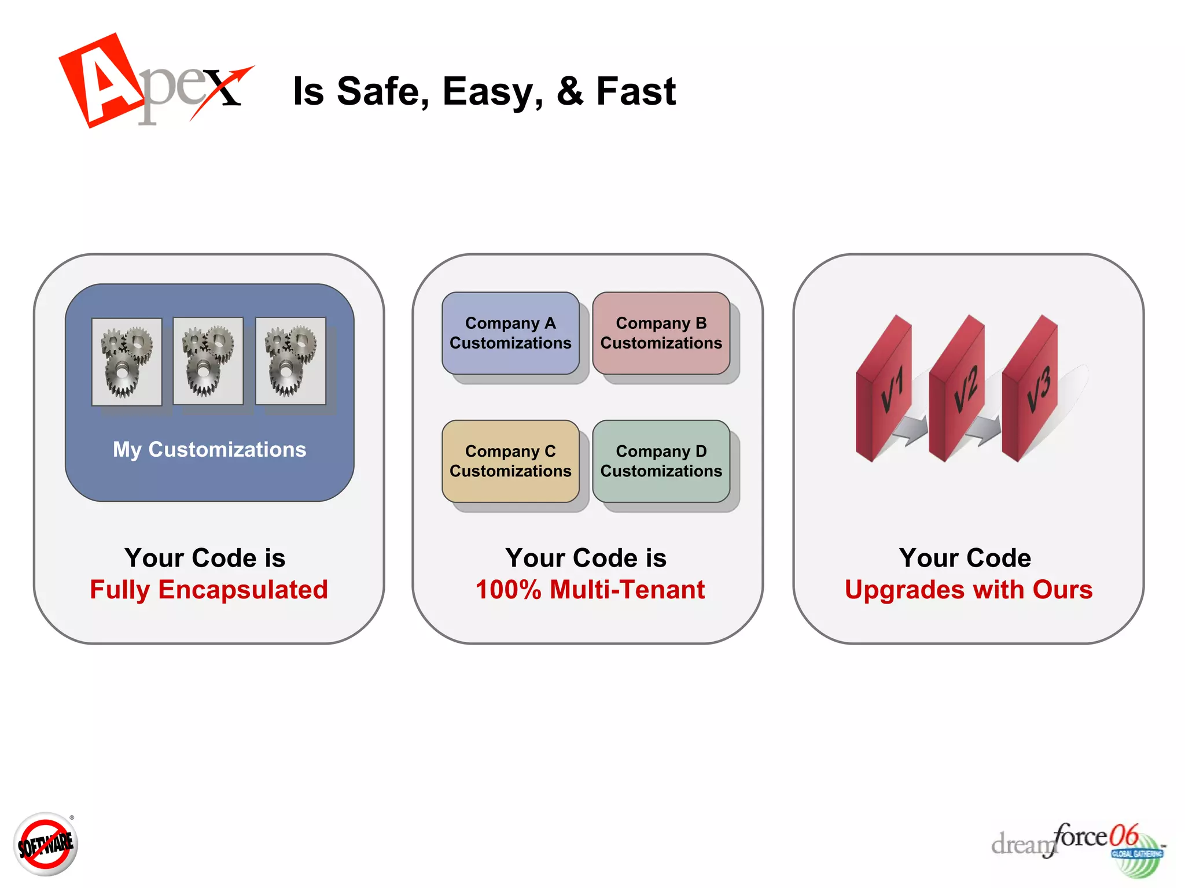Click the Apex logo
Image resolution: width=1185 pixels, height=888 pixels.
(153, 81)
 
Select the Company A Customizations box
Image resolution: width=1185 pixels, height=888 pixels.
(510, 333)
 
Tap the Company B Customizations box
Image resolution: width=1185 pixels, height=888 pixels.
(661, 333)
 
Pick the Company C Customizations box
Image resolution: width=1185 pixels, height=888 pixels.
(510, 461)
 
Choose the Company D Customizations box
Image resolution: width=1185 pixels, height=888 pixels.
(661, 461)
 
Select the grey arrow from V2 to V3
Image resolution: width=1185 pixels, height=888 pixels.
(983, 431)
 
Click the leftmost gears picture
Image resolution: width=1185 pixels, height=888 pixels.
(127, 361)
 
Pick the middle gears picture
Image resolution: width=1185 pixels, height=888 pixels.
(208, 361)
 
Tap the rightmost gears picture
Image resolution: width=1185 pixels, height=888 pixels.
(290, 361)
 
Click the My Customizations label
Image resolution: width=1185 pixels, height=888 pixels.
(209, 450)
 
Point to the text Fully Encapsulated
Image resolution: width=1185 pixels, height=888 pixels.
(209, 590)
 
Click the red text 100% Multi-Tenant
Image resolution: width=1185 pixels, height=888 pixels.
(590, 590)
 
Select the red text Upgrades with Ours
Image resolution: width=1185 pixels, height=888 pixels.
(969, 590)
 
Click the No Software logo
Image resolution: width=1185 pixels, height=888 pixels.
(46, 845)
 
